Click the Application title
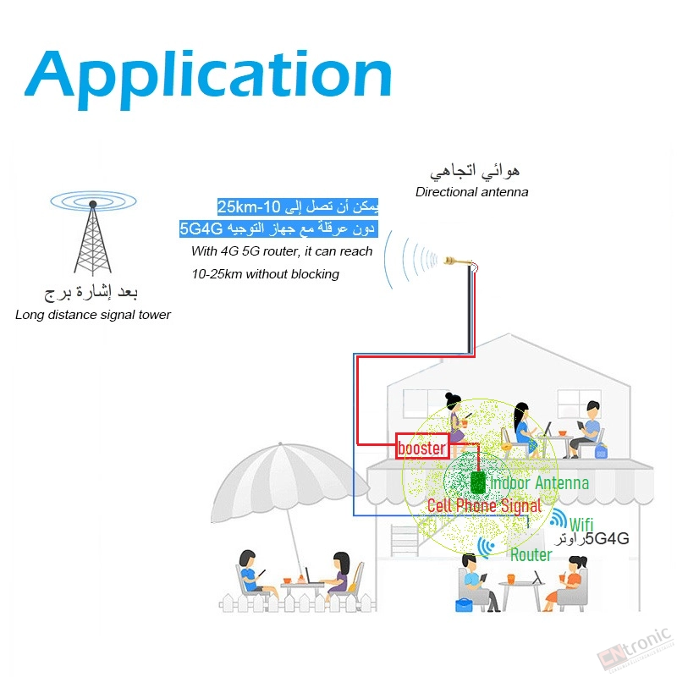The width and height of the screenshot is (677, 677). tap(208, 78)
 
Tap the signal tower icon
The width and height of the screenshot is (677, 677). tap(93, 234)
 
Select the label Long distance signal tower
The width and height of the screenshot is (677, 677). tap(93, 315)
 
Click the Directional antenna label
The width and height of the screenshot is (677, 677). tap(471, 192)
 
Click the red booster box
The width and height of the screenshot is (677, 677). tap(422, 447)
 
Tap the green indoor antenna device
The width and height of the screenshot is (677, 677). tap(478, 482)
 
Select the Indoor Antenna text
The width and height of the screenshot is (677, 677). tap(539, 482)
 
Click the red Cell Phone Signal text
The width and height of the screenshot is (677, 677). tap(484, 505)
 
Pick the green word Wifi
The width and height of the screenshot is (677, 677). tap(581, 525)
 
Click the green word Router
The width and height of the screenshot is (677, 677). tap(531, 555)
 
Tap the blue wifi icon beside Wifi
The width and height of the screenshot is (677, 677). tap(559, 518)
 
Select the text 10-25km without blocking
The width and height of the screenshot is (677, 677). tap(265, 274)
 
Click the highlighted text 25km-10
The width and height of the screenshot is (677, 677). tap(249, 206)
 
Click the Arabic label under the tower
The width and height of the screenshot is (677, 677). tap(91, 292)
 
